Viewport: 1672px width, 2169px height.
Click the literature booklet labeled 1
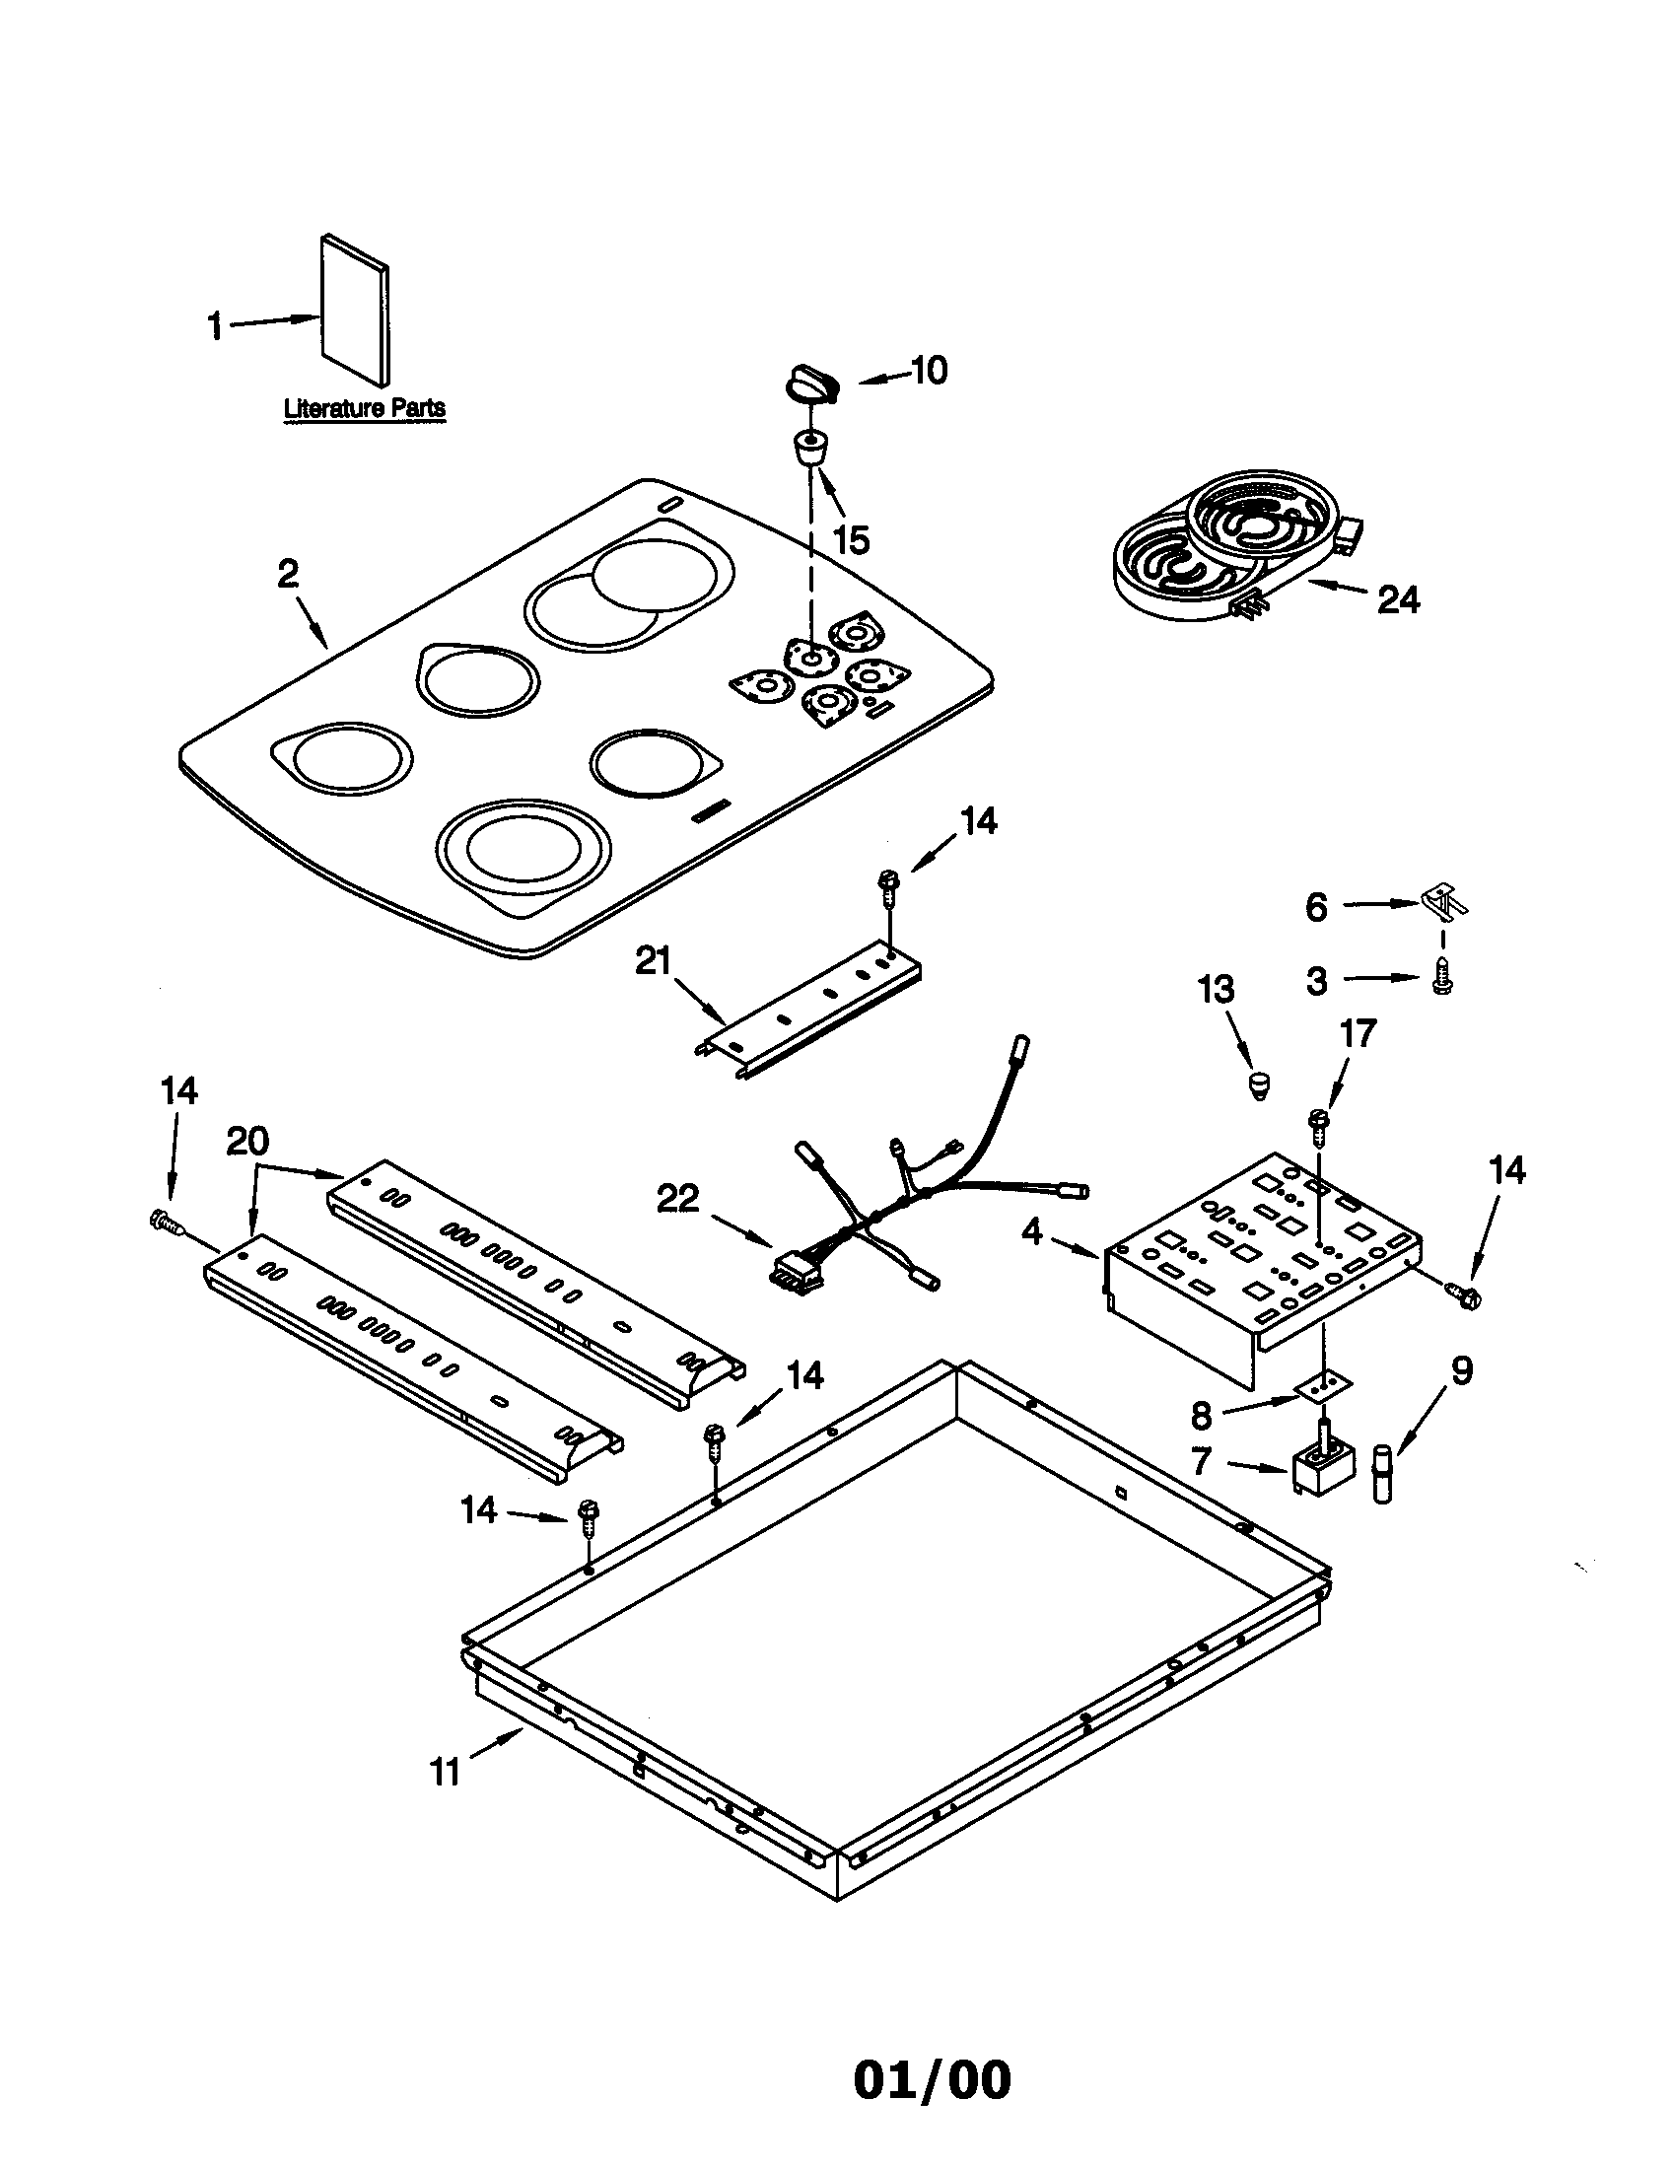point(355,310)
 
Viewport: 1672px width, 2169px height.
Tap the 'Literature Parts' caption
point(365,408)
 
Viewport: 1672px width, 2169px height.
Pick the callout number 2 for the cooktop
point(288,574)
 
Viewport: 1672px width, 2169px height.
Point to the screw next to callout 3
point(1440,981)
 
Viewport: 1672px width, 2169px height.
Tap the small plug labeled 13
point(1260,1084)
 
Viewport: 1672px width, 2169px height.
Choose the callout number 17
point(1357,1034)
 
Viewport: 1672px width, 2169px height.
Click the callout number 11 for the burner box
point(446,1772)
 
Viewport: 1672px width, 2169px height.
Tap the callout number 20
point(246,1142)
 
